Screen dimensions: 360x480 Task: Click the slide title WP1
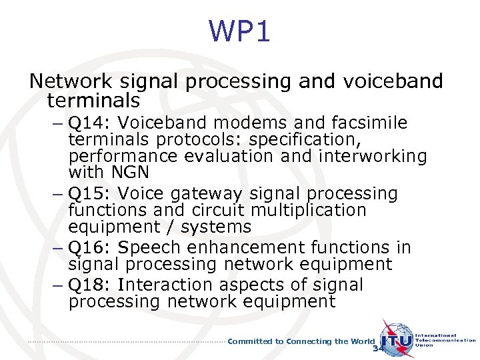coord(239,31)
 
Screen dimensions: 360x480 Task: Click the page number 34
coord(379,349)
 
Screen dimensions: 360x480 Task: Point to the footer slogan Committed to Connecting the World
coord(301,341)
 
